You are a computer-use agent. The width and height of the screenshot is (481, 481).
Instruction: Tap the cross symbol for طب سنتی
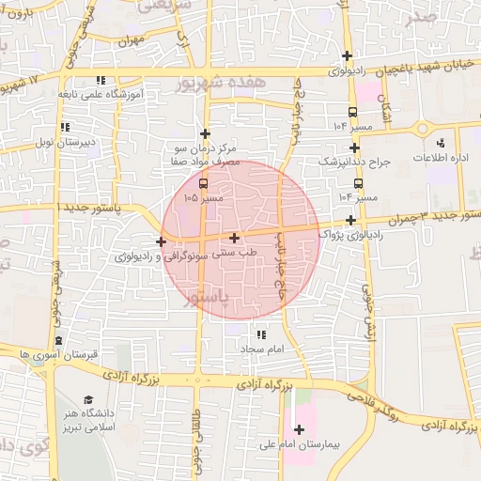(x=234, y=238)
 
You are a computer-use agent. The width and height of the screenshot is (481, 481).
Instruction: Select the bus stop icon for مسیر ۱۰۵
(x=204, y=182)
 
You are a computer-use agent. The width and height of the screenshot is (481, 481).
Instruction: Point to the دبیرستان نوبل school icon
(x=64, y=127)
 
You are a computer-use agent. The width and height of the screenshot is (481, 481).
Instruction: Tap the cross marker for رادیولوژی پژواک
(x=350, y=220)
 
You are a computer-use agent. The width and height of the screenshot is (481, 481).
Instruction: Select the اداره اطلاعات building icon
(x=441, y=144)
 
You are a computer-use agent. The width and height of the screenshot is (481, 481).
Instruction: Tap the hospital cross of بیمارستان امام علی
(x=299, y=429)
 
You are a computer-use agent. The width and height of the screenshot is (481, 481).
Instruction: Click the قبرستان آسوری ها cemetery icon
(x=58, y=340)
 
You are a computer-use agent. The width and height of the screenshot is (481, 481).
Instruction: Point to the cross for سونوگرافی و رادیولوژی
(x=162, y=241)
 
